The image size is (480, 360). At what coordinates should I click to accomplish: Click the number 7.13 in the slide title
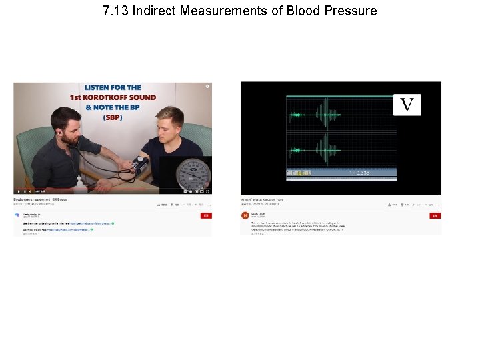pyautogui.click(x=116, y=11)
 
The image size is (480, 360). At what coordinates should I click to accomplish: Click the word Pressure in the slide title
pyautogui.click(x=350, y=11)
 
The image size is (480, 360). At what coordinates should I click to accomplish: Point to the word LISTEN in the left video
pyautogui.click(x=100, y=87)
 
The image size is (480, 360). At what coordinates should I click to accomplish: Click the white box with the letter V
pyautogui.click(x=407, y=105)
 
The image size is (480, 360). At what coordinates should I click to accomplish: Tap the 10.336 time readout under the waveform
pyautogui.click(x=361, y=173)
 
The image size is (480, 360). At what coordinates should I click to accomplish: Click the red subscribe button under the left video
pyautogui.click(x=206, y=215)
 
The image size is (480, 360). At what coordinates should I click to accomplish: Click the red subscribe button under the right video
pyautogui.click(x=435, y=215)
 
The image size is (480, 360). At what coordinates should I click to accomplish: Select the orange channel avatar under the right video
pyautogui.click(x=245, y=215)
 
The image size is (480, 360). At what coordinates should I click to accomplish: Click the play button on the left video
pyautogui.click(x=18, y=191)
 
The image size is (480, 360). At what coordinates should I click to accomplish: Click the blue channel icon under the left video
pyautogui.click(x=17, y=215)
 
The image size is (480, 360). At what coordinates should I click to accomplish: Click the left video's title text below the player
pyautogui.click(x=40, y=199)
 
